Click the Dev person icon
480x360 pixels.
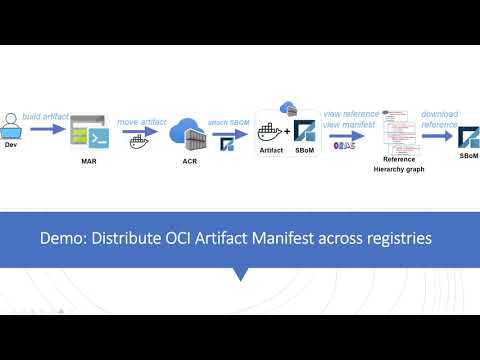[x=12, y=125]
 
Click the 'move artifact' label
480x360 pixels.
[x=140, y=121]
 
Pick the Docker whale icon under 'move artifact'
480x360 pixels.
[x=139, y=141]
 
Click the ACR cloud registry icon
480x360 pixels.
[x=186, y=135]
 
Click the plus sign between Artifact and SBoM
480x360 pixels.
[x=288, y=130]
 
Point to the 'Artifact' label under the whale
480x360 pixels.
[x=271, y=152]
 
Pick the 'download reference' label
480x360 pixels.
[x=439, y=118]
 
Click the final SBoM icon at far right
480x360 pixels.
[x=468, y=137]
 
